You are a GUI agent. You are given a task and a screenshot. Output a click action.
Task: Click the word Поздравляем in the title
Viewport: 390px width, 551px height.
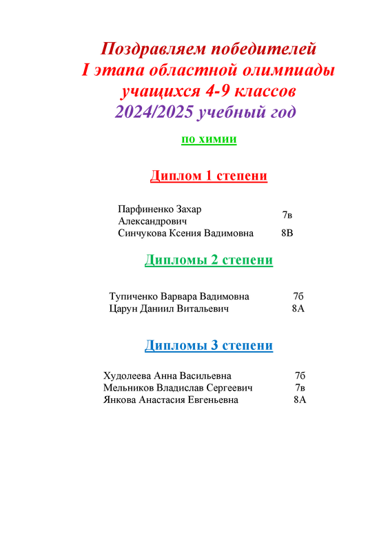tap(154, 49)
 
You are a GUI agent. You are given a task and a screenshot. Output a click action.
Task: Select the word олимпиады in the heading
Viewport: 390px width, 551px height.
tap(289, 70)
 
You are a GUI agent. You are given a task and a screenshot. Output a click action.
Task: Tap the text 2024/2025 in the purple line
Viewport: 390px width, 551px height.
tap(154, 112)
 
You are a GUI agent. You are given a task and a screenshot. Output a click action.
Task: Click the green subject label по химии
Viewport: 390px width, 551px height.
tap(209, 139)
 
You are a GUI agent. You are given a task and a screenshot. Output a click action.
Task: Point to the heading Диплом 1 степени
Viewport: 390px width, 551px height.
tap(209, 176)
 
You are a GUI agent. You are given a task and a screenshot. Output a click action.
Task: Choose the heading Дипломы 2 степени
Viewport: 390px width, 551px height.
tap(209, 260)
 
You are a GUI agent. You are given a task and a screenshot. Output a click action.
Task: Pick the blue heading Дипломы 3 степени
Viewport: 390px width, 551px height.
tap(209, 346)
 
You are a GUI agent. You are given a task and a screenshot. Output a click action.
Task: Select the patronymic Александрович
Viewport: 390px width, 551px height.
tap(152, 221)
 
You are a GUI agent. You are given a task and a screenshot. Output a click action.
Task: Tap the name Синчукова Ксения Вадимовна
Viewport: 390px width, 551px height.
tap(185, 233)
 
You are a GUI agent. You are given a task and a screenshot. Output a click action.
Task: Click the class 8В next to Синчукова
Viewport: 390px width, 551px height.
tap(287, 233)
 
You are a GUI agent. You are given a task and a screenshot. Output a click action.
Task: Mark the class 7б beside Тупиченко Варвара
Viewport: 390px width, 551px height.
tap(298, 297)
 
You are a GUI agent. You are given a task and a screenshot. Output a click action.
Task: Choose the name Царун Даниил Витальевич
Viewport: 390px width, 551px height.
tap(169, 309)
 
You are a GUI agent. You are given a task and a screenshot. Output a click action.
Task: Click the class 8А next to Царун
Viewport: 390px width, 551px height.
tap(298, 309)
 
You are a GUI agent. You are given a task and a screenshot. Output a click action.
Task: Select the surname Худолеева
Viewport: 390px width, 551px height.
tap(127, 376)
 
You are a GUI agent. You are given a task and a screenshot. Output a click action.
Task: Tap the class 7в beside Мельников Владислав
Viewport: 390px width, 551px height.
tap(300, 388)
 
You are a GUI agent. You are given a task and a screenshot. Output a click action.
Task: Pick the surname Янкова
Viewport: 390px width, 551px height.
tap(120, 400)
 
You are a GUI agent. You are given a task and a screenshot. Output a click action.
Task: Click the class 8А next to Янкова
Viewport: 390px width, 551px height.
tap(300, 400)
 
